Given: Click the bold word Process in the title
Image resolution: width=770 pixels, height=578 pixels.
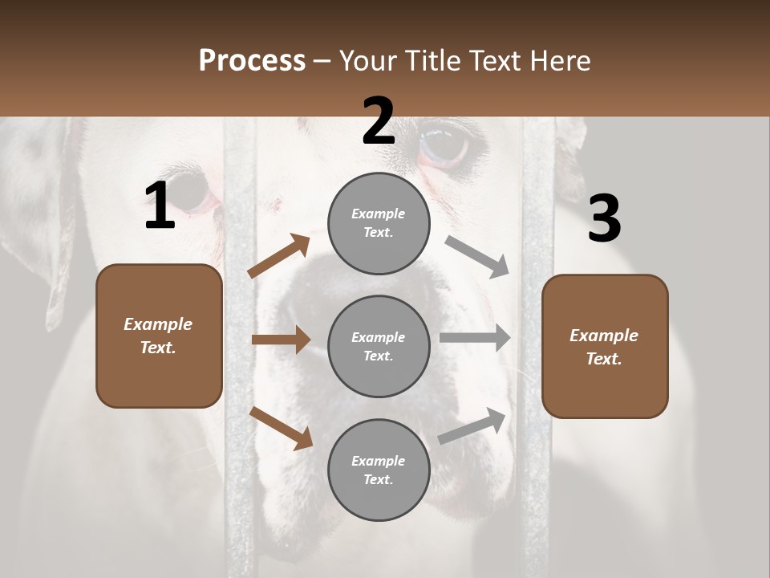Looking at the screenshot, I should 252,60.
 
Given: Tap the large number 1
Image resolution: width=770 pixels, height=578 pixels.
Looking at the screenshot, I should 160,206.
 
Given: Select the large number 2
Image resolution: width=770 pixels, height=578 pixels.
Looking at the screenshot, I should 379,121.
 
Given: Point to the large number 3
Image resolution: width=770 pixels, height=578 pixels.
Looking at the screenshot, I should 604,218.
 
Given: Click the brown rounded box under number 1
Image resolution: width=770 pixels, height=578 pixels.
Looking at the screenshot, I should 159,336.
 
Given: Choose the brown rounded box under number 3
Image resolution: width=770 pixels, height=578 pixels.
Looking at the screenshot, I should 605,346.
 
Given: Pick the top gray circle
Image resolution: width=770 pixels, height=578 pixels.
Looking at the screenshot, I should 379,223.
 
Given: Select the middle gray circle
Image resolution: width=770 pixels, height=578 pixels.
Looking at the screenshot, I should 379,346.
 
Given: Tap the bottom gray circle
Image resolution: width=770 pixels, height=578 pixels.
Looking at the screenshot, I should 379,470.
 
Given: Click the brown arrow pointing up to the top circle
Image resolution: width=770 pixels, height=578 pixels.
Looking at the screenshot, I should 279,256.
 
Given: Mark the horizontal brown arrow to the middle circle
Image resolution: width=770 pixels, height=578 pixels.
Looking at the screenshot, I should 281,340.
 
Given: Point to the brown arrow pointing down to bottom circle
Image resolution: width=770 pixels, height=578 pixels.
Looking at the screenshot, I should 281,427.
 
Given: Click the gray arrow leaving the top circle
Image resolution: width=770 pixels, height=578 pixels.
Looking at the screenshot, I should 477,256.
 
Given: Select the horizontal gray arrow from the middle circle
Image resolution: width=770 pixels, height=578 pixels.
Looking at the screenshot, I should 475,338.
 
